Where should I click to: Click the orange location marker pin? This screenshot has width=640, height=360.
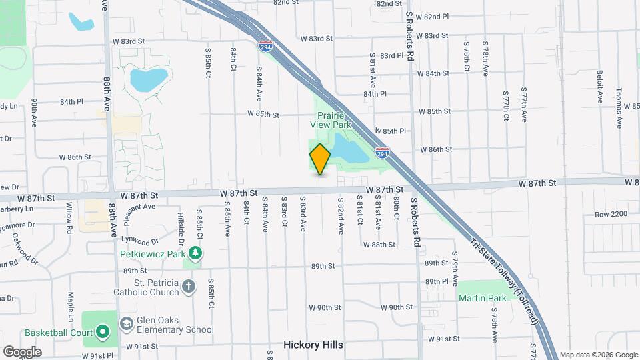[x=320, y=159]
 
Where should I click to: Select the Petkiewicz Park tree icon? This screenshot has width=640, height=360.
[x=195, y=253]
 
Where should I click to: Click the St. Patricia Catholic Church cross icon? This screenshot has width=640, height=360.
[x=189, y=287]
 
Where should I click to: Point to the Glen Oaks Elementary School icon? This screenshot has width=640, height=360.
[x=125, y=323]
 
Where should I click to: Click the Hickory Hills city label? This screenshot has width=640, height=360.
[x=313, y=345]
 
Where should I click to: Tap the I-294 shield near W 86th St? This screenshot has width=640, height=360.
[x=382, y=153]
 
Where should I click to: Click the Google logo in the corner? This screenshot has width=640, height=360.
[x=22, y=351]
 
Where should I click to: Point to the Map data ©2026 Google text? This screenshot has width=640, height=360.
[x=598, y=355]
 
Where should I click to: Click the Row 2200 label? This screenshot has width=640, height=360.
[x=611, y=214]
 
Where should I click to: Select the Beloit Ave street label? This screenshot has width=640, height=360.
[x=600, y=87]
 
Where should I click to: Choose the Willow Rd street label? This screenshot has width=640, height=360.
[x=69, y=219]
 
